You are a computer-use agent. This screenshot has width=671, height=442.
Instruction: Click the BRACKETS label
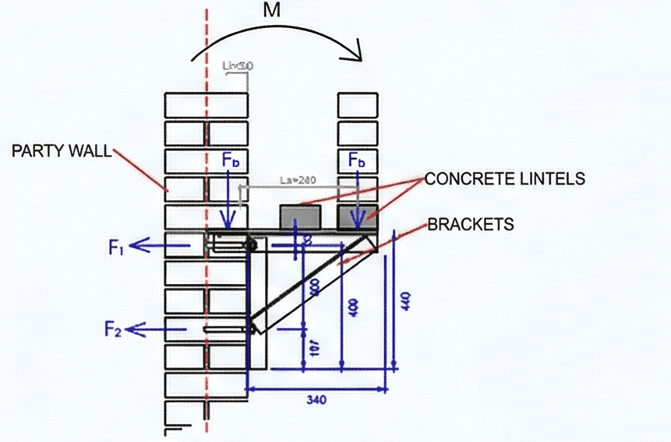point(471,225)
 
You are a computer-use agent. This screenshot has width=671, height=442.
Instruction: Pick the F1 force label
point(116,248)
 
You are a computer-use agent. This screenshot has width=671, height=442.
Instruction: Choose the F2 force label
point(113,329)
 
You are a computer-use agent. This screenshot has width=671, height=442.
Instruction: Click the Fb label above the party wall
point(231,160)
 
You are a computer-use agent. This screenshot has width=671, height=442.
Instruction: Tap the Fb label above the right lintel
point(358,160)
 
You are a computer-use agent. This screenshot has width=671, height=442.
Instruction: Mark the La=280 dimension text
point(296,181)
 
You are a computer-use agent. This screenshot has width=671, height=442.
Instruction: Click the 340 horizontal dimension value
point(316,399)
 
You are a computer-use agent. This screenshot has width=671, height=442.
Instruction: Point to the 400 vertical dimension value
point(355,307)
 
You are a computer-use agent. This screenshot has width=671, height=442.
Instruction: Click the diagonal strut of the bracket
point(312,283)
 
